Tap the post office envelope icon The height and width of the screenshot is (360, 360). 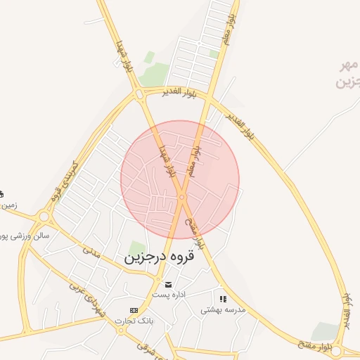[168, 284]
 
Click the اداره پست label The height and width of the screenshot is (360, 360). [169, 295]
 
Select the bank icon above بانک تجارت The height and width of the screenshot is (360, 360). [134, 310]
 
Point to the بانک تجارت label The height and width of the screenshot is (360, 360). [135, 321]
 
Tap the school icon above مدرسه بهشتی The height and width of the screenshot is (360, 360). [223, 299]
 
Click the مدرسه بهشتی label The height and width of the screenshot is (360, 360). [223, 309]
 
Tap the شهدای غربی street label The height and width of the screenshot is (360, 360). [86, 297]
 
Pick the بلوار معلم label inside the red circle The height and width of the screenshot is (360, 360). [195, 161]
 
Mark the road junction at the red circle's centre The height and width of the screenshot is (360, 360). [181, 197]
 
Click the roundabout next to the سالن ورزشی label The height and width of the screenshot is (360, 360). [45, 217]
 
